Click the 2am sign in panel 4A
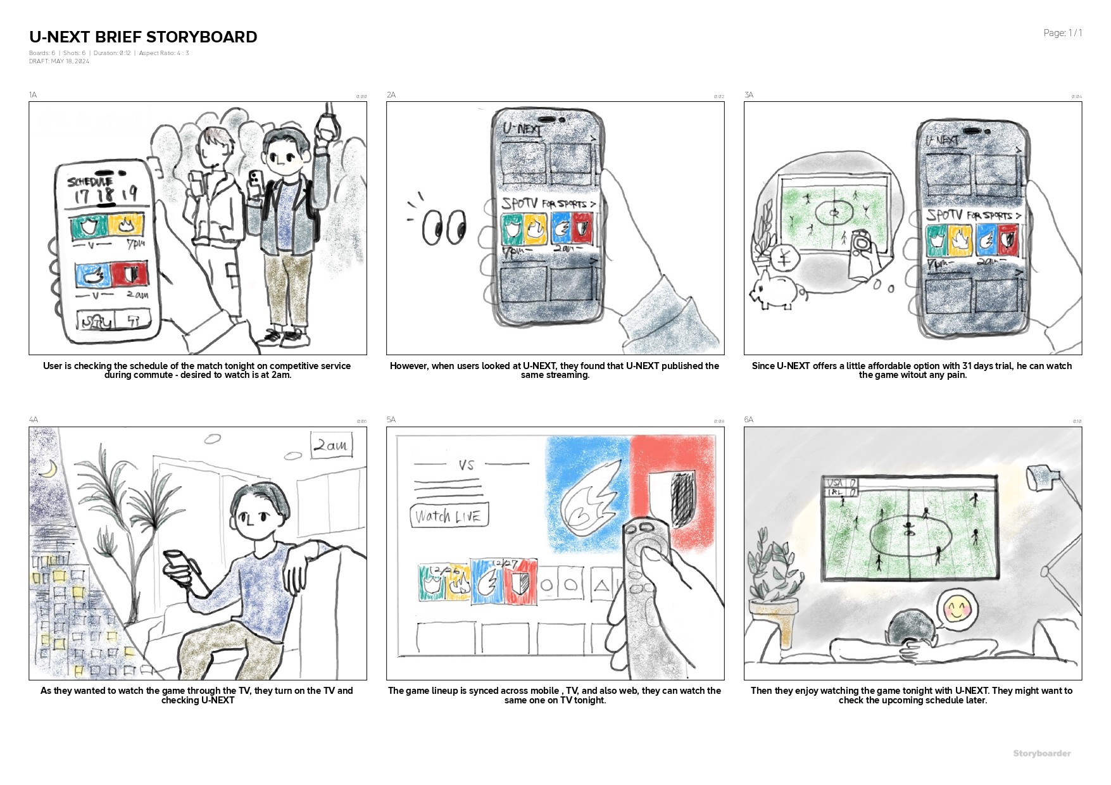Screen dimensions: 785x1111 330,445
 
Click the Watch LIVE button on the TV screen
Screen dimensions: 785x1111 449,516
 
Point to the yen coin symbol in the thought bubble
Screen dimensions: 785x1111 784,260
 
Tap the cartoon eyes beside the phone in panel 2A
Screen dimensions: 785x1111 444,226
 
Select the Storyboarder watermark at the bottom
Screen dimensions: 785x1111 1041,753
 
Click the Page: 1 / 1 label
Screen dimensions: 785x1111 1062,33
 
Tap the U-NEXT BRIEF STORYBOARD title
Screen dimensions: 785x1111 143,37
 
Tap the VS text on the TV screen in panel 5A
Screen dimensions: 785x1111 467,465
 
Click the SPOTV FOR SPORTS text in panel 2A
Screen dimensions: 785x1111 548,204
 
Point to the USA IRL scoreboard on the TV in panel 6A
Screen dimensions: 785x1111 841,487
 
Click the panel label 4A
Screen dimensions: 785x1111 34,420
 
